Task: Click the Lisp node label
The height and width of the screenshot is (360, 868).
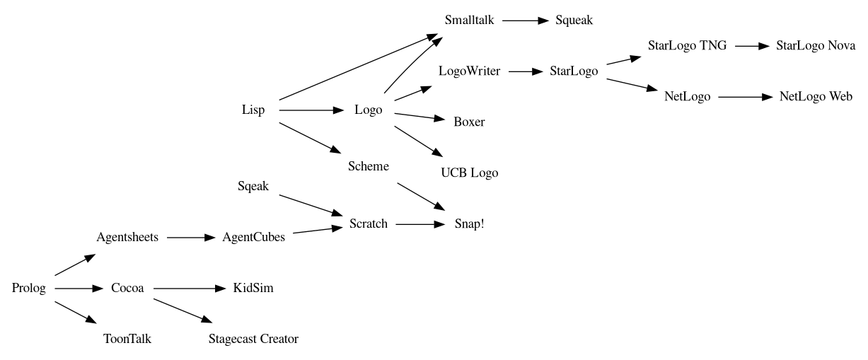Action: coord(253,110)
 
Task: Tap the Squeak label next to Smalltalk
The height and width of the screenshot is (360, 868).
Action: coord(574,21)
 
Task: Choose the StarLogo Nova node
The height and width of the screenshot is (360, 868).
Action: coord(816,46)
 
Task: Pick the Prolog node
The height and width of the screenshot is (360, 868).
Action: coord(29,289)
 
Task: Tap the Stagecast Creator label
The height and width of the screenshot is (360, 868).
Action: coord(253,339)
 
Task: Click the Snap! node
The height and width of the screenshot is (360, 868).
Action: coord(469,224)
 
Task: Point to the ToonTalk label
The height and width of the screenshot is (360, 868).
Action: coord(127,339)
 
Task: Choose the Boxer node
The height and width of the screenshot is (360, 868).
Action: coord(469,122)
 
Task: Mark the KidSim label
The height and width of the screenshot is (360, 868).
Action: coord(253,289)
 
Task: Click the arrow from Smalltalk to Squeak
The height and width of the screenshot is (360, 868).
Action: coord(525,21)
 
